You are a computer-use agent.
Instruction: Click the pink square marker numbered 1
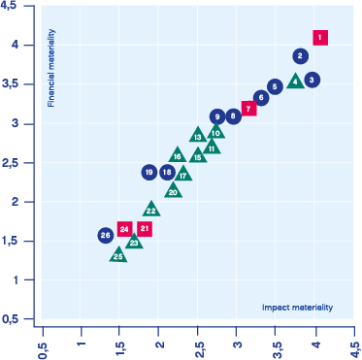[x=320, y=38]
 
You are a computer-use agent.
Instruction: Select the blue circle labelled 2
[x=301, y=56]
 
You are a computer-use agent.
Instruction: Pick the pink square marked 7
[x=248, y=109]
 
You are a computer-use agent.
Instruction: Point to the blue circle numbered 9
[x=217, y=116]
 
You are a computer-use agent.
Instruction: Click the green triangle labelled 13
[x=198, y=136]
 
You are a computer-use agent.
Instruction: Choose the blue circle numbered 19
[x=149, y=172]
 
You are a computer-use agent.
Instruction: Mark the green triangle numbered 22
[x=151, y=210]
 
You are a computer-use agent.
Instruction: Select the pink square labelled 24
[x=124, y=229]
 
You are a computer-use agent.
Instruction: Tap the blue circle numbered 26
[x=106, y=236]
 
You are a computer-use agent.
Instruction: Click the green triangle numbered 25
[x=118, y=256]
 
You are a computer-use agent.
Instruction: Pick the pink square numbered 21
[x=145, y=229]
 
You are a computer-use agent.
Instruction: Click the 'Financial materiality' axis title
[x=51, y=68]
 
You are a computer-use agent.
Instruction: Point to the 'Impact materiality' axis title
[x=297, y=308]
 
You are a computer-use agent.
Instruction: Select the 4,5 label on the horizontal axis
[x=355, y=349]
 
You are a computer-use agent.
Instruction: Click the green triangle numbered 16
[x=178, y=155]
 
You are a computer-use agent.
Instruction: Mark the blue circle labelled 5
[x=275, y=86]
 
